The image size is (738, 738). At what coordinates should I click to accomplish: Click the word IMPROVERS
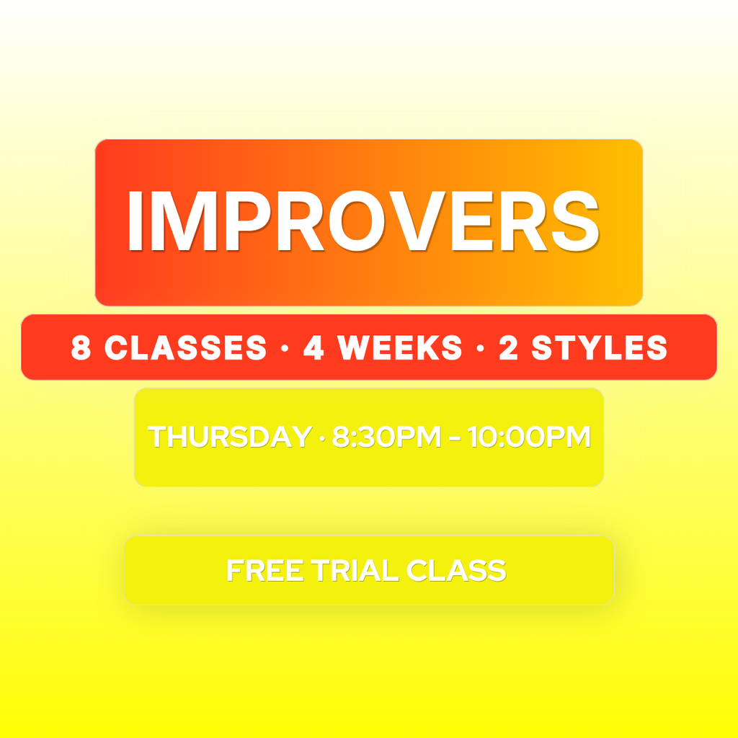pyautogui.click(x=363, y=221)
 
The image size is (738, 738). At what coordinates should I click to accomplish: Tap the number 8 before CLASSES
pyautogui.click(x=81, y=348)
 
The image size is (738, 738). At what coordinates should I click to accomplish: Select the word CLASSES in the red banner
pyautogui.click(x=185, y=348)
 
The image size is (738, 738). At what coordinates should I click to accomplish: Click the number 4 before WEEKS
pyautogui.click(x=314, y=348)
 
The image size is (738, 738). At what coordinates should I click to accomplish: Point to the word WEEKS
pyautogui.click(x=400, y=348)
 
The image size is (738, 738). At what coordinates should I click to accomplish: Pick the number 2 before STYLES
pyautogui.click(x=508, y=348)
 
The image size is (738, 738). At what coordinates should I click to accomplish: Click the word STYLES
pyautogui.click(x=600, y=348)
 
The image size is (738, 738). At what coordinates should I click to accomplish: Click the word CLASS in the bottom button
pyautogui.click(x=456, y=571)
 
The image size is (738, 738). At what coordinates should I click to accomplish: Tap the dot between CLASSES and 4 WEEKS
pyautogui.click(x=285, y=349)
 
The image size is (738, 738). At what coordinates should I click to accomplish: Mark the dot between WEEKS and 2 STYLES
pyautogui.click(x=480, y=349)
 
